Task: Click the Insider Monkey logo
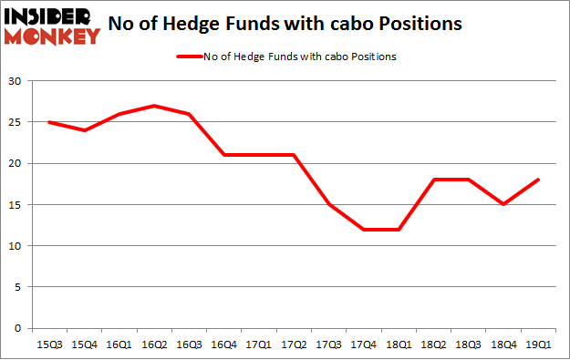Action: tap(52, 25)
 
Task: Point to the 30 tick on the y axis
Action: tap(16, 82)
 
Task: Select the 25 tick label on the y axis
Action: tap(16, 123)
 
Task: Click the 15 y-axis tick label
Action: tap(16, 205)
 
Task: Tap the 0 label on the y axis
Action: tap(18, 328)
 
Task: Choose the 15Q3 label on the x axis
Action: tap(49, 345)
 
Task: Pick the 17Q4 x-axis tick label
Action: tap(365, 345)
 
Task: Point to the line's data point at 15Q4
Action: tap(85, 130)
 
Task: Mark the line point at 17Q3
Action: tap(330, 205)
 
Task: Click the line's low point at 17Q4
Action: tap(365, 230)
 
